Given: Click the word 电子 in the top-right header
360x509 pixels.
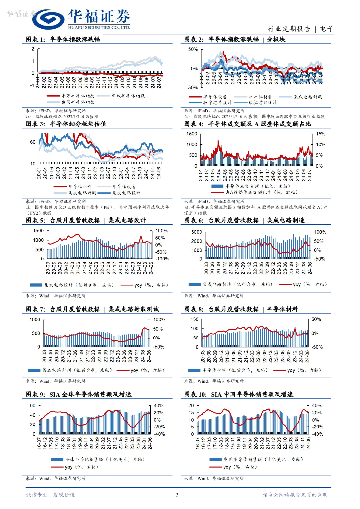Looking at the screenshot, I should [327, 29].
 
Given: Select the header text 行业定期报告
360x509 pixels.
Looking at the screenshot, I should [289, 29].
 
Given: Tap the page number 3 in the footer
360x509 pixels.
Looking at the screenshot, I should [177, 495].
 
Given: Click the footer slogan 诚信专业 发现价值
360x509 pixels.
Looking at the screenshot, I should [50, 495].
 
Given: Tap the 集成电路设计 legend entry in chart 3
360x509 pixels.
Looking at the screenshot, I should [126, 192].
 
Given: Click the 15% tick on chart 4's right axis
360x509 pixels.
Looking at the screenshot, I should [319, 134].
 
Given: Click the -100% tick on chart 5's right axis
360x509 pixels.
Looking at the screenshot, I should [162, 259].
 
